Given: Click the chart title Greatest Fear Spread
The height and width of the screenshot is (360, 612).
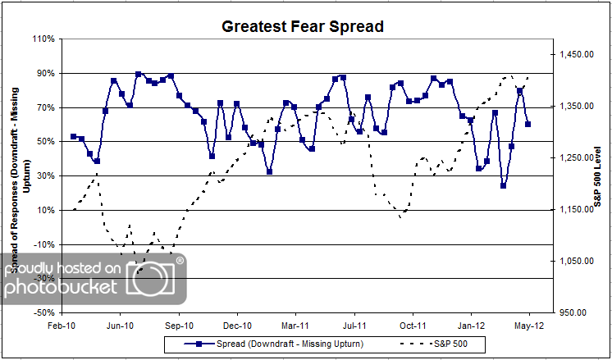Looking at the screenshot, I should click(x=303, y=25).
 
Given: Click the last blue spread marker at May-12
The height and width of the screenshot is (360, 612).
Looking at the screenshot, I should click(x=528, y=124).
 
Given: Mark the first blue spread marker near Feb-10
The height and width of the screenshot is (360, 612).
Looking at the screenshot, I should click(x=73, y=136).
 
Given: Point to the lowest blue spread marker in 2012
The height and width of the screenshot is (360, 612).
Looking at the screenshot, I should click(x=503, y=185).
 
